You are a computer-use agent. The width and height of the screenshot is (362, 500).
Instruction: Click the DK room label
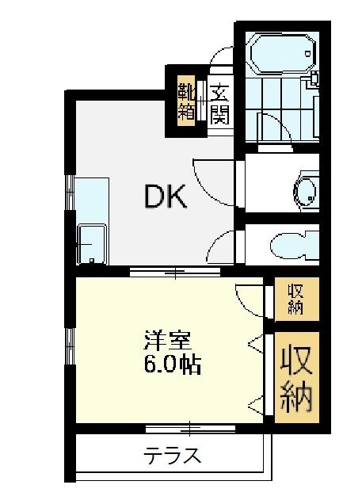165,197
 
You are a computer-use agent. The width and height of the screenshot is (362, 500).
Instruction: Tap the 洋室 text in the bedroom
168,342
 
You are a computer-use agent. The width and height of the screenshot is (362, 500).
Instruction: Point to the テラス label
173,456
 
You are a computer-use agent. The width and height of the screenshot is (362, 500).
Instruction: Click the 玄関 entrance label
219,104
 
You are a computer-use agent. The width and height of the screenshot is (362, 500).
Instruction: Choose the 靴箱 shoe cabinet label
186,101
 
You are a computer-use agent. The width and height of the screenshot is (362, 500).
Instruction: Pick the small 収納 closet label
295,299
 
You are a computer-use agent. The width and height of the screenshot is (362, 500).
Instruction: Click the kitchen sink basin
92,244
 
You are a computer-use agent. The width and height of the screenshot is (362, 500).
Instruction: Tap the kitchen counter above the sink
92,201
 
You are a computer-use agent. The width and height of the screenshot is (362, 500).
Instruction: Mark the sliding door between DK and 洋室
175,272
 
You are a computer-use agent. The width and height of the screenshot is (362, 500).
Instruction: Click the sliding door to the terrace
190,429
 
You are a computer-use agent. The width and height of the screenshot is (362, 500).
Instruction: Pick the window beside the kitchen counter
70,193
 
